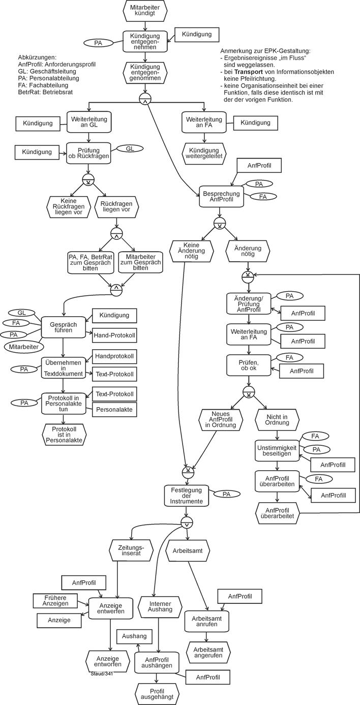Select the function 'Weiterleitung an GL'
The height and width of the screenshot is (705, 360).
point(88,122)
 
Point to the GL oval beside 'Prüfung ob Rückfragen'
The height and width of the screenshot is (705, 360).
point(130,148)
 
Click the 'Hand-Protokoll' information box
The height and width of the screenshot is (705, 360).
point(114,335)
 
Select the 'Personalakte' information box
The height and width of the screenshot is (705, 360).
point(114,410)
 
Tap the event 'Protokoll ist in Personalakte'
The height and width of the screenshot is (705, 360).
point(64,434)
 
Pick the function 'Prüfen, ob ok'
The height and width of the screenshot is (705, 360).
point(248,365)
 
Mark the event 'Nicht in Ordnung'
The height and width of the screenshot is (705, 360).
point(277,420)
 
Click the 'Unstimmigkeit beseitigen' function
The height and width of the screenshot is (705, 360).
point(277,450)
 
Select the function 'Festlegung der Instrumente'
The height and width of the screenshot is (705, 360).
point(187,496)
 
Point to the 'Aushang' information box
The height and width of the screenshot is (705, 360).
point(134,636)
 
